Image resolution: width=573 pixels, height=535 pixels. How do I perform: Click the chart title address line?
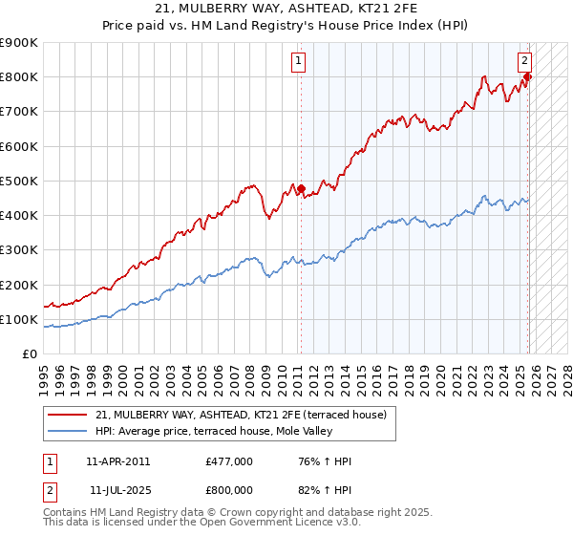(x=286, y=8)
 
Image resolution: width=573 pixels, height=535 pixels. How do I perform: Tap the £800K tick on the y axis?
(x=19, y=77)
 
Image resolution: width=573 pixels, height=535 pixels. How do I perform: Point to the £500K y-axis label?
(x=19, y=181)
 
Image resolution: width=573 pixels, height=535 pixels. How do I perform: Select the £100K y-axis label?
(x=19, y=319)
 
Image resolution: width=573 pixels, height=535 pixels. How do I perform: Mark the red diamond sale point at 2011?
(x=301, y=189)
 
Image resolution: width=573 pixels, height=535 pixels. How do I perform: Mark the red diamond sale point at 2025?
(x=527, y=77)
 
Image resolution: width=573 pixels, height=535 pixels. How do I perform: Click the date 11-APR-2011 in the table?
(x=117, y=461)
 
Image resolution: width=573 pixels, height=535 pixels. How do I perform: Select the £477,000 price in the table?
(x=229, y=461)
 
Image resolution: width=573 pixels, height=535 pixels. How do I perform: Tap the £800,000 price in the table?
(x=229, y=489)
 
